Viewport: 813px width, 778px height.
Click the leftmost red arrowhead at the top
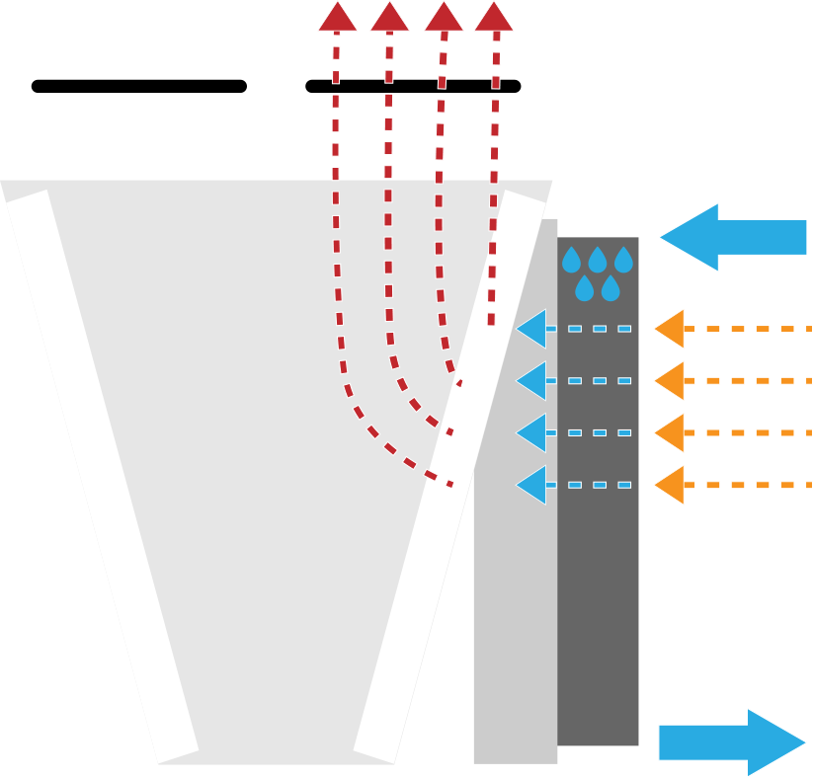coord(338,18)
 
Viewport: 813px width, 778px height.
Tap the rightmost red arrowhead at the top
coord(494,18)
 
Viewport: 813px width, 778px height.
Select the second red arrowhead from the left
coord(389,18)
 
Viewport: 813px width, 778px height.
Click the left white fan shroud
coord(139,135)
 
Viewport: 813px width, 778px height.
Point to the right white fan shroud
coord(412,135)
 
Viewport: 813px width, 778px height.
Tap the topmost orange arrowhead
coord(671,329)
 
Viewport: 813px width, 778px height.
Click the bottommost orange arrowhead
coord(671,485)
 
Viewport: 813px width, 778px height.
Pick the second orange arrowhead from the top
coord(671,381)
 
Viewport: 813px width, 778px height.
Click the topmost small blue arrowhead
coord(532,329)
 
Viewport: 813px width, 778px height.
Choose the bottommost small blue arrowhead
coord(532,485)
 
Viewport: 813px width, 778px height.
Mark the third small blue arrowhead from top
coord(532,432)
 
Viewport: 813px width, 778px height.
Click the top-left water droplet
coord(571,262)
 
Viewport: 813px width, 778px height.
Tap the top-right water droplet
coord(623,262)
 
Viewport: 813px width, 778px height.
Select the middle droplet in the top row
coord(598,262)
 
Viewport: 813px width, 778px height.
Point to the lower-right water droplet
coord(610,289)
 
